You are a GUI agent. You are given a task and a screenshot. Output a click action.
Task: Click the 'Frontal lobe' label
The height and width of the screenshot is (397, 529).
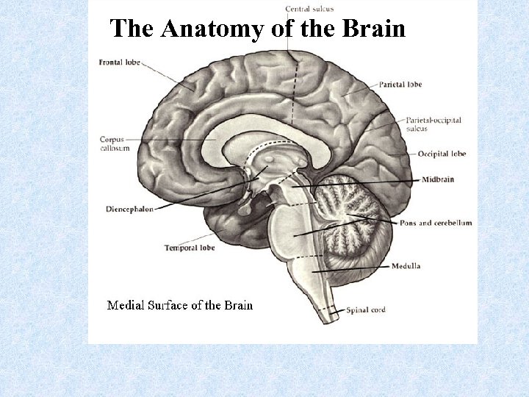point(118,62)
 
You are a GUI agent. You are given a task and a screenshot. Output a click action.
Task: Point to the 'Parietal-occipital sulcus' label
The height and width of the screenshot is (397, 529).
point(433,124)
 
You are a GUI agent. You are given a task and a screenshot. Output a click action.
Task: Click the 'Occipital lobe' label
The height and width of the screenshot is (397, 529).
point(442,154)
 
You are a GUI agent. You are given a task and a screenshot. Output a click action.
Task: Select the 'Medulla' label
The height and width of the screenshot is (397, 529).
point(406,266)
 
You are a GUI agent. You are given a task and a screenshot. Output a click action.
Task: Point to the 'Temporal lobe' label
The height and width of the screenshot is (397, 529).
point(190,248)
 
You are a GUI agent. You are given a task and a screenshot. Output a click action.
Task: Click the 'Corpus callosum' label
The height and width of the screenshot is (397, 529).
point(115,143)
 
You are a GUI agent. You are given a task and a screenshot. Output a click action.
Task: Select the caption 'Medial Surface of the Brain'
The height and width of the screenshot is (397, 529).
point(180,305)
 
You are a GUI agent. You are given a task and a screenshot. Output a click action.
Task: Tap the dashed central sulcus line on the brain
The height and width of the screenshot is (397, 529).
point(295,88)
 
